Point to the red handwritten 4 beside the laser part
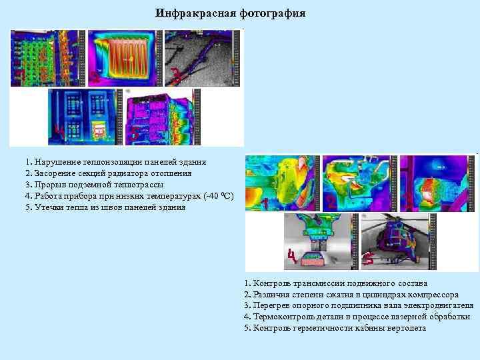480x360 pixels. pyautogui.click(x=291, y=256)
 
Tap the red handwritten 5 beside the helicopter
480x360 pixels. pyautogui.click(x=366, y=257)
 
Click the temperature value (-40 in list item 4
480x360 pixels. pyautogui.click(x=207, y=196)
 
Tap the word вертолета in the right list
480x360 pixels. pyautogui.click(x=405, y=329)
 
